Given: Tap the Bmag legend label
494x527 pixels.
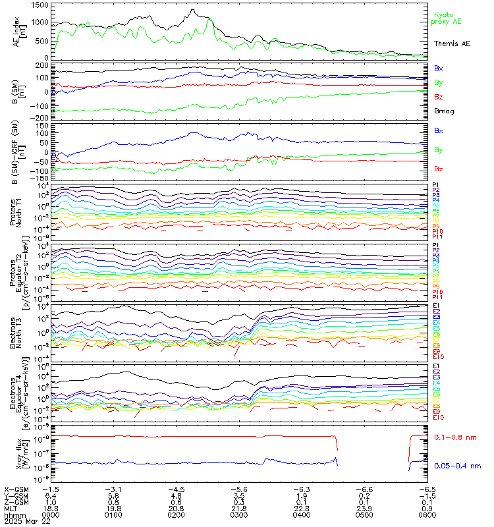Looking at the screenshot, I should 444,111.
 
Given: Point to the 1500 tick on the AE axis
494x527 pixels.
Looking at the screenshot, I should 39,5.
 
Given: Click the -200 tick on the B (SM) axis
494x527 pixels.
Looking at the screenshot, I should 40,117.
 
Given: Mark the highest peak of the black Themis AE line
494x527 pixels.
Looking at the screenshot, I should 192,10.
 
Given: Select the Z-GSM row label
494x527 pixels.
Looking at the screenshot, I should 16,503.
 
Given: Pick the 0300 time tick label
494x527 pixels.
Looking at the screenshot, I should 238,516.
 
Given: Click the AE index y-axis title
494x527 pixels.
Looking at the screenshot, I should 18,32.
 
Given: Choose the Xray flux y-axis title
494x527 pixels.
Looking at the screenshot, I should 18,452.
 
